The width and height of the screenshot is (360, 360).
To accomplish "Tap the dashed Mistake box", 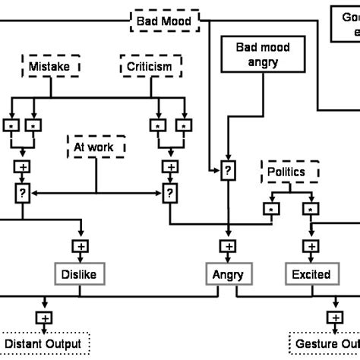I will (49, 67).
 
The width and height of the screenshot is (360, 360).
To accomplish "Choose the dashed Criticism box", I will (149, 67).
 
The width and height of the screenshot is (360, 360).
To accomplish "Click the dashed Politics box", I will (286, 172).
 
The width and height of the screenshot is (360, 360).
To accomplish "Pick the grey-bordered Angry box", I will (226, 273).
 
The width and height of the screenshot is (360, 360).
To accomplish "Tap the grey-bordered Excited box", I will (311, 273).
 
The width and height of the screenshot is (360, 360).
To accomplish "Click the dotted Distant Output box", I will (43, 344).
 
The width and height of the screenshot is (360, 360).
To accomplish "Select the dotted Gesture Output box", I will (325, 344).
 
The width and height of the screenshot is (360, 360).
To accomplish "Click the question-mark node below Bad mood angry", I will (226, 172).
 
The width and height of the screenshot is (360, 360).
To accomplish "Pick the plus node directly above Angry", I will (226, 245).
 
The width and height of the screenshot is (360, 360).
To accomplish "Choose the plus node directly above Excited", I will (311, 245).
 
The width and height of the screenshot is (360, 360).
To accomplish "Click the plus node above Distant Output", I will (43, 317).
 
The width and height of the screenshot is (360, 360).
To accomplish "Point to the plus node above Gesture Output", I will (334, 317).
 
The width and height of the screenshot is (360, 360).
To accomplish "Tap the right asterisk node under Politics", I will (311, 207).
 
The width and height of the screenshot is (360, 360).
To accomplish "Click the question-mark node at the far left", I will (22, 194).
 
